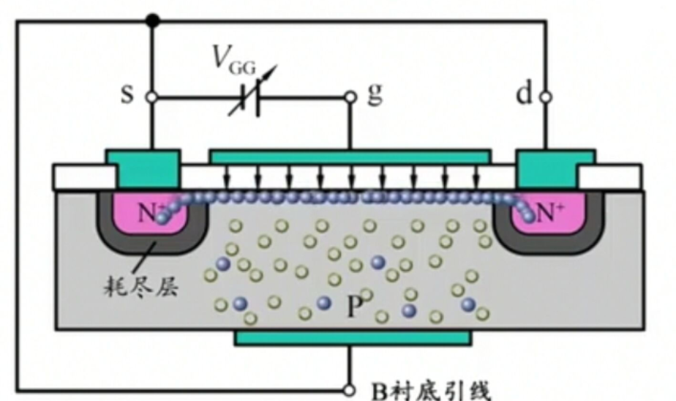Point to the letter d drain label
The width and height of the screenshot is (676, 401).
pyautogui.click(x=524, y=95)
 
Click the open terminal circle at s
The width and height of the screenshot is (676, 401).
pyautogui.click(x=151, y=96)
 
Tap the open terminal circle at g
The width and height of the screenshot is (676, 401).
pyautogui.click(x=350, y=96)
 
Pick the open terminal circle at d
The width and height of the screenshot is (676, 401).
pyautogui.click(x=545, y=96)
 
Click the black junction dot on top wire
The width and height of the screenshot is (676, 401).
pyautogui.click(x=151, y=20)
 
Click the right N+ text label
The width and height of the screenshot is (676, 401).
pyautogui.click(x=549, y=214)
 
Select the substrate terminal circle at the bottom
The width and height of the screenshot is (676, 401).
pyautogui.click(x=350, y=389)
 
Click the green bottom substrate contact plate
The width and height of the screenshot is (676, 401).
pyautogui.click(x=353, y=337)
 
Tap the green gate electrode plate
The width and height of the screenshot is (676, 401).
pyautogui.click(x=350, y=156)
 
